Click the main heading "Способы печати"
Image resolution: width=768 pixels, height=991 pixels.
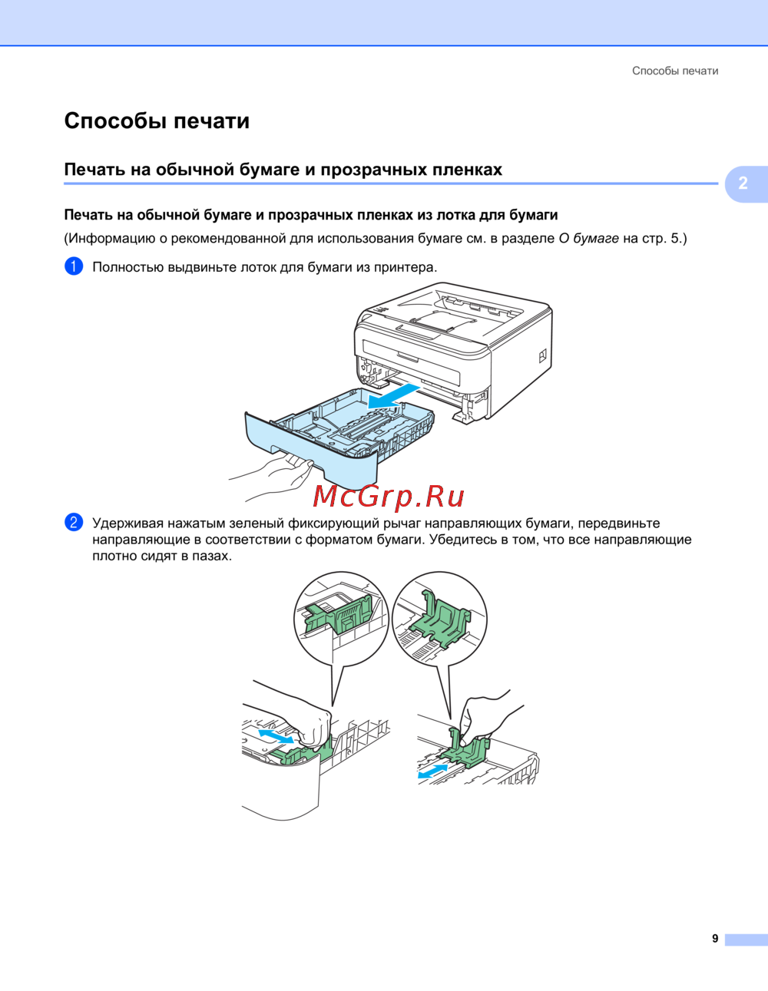[x=157, y=121]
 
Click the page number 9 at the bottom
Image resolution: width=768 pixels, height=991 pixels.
[x=715, y=939]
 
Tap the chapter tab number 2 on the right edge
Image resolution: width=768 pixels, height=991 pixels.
[x=743, y=183]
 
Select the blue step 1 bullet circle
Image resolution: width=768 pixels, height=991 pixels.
[x=74, y=266]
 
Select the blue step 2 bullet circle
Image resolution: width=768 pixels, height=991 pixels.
[x=74, y=523]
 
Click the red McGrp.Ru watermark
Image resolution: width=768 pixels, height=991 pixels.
[x=389, y=497]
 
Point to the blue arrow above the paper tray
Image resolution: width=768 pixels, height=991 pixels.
[x=394, y=396]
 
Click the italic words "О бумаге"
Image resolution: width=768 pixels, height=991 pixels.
[x=588, y=238]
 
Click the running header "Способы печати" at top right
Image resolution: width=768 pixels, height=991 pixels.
[x=675, y=71]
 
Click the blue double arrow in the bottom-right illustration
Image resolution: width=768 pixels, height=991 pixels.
[x=433, y=770]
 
